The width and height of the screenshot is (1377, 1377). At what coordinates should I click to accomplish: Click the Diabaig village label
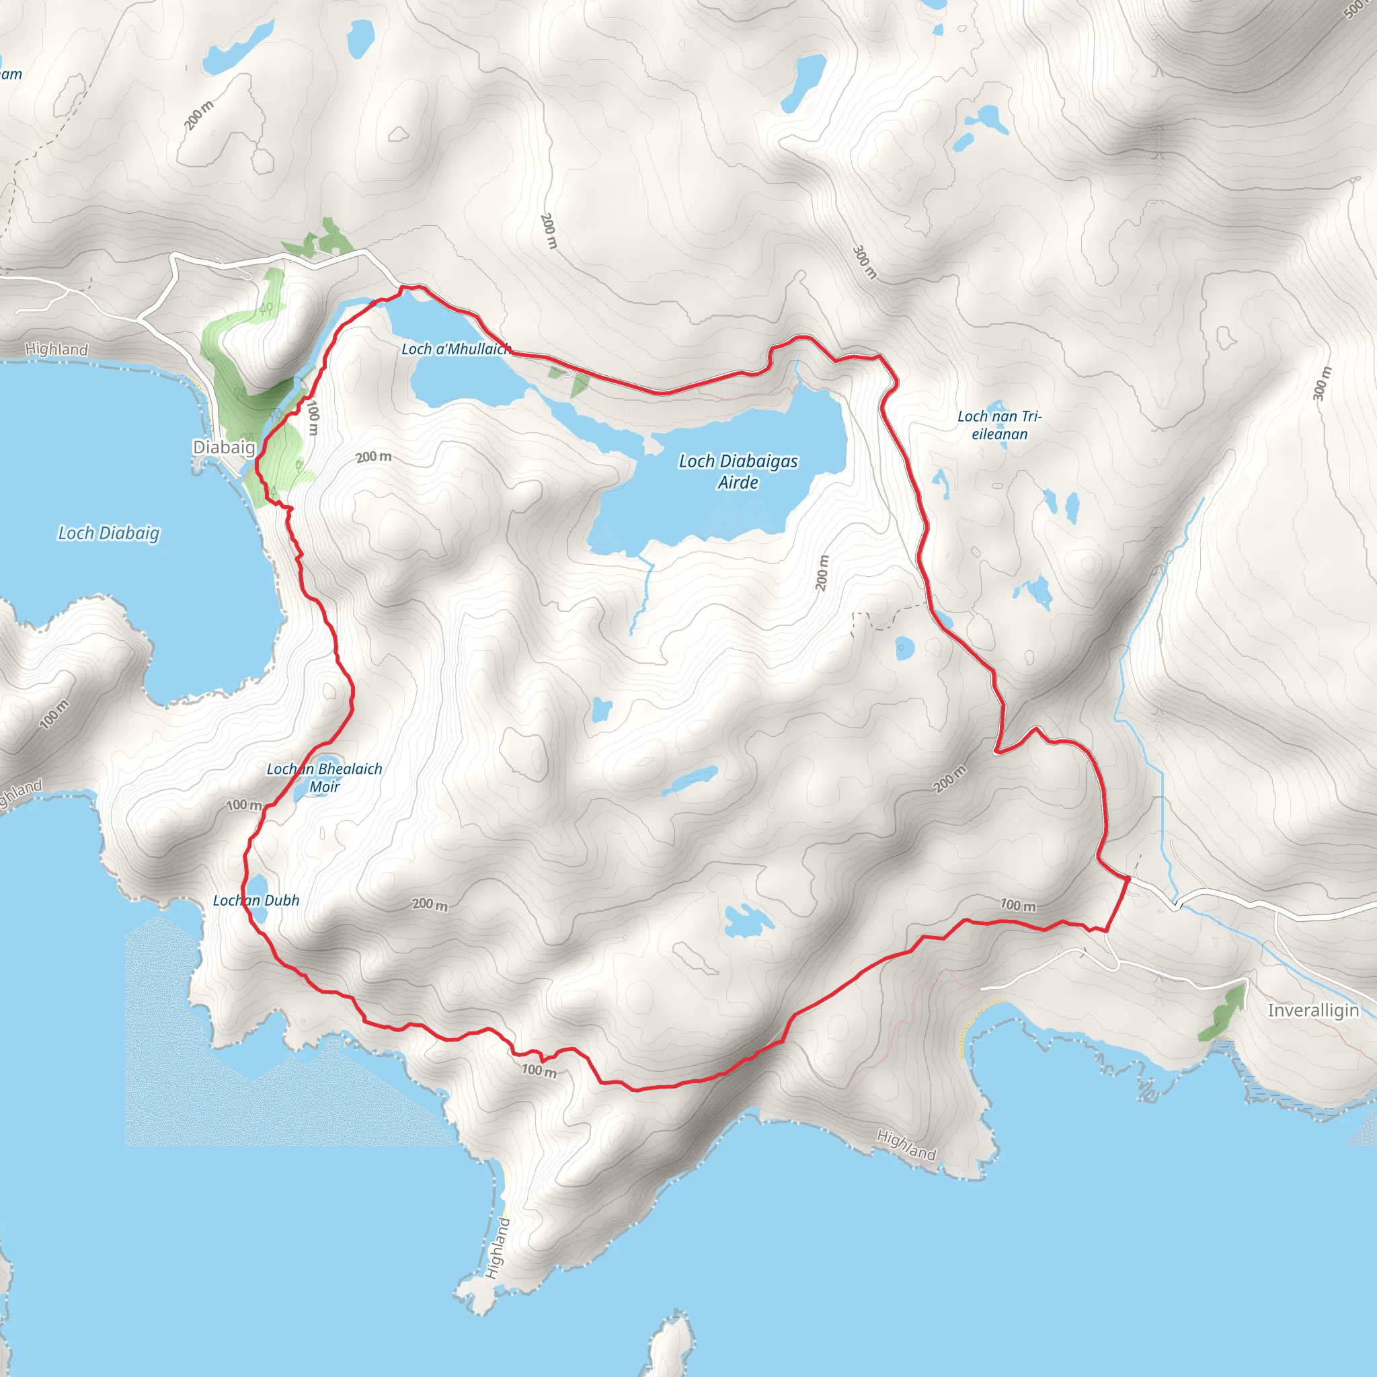tap(224, 447)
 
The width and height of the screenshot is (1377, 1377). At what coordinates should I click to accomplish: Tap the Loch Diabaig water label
tap(109, 533)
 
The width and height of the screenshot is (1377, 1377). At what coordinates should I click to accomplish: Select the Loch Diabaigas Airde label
tap(738, 472)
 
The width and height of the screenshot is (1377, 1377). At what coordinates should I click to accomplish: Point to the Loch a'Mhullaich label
tap(456, 348)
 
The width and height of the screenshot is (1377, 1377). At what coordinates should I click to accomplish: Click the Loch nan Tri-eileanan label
tap(998, 425)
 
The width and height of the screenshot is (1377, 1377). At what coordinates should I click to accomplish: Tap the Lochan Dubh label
tap(256, 900)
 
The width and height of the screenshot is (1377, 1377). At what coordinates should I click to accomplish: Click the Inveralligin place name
tap(1313, 1010)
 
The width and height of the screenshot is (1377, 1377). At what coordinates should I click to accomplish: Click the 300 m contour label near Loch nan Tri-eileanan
tap(1321, 383)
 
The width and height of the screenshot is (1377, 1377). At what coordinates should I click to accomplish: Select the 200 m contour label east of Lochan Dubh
tap(430, 904)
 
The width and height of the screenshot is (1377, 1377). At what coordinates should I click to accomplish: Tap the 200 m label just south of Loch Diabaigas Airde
tap(822, 572)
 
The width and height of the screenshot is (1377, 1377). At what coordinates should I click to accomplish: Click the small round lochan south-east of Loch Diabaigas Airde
tap(904, 648)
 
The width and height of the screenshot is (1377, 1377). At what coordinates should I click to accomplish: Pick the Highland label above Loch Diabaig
tap(56, 349)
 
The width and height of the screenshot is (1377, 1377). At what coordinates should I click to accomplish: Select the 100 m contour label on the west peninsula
tap(54, 714)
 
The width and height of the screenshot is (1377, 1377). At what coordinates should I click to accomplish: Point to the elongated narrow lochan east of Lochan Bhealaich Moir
tap(690, 781)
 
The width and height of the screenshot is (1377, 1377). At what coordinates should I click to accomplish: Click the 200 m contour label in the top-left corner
tap(199, 116)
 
